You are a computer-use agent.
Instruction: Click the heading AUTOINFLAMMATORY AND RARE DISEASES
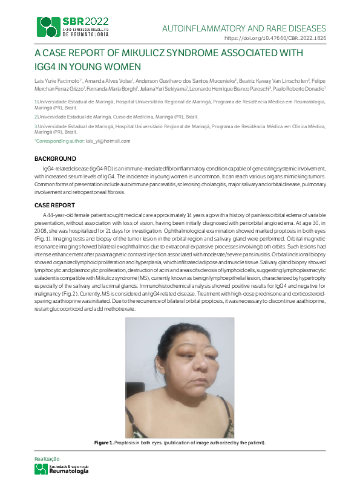click(244, 28)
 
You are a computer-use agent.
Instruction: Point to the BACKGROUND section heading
click(55, 158)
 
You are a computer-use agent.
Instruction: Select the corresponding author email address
click(108, 140)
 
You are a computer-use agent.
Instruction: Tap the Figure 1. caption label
click(103, 443)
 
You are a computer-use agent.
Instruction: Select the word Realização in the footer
click(48, 459)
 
